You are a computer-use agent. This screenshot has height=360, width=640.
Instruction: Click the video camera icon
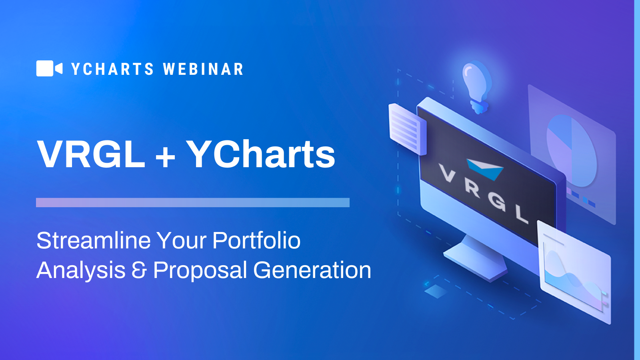[x=50, y=68]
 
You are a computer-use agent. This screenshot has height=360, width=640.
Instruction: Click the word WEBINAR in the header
[x=203, y=69]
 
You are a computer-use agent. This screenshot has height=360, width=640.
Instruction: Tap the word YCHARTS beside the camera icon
[x=112, y=69]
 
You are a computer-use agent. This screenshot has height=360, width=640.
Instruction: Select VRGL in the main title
[x=91, y=154]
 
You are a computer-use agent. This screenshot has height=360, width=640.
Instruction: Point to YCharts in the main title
[x=261, y=154]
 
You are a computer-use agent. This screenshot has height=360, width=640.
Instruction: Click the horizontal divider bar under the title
[x=193, y=202]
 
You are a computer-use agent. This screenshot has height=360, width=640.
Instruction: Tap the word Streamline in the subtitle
[x=94, y=240]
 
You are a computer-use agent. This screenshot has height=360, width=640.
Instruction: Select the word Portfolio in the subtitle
[x=256, y=240]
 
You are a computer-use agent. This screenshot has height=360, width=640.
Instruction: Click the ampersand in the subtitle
[x=139, y=270]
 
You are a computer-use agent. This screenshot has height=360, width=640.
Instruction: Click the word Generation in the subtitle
[x=312, y=270]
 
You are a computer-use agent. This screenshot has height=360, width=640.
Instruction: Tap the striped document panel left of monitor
[x=408, y=129]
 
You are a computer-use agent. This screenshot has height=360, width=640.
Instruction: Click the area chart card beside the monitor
[x=574, y=272]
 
